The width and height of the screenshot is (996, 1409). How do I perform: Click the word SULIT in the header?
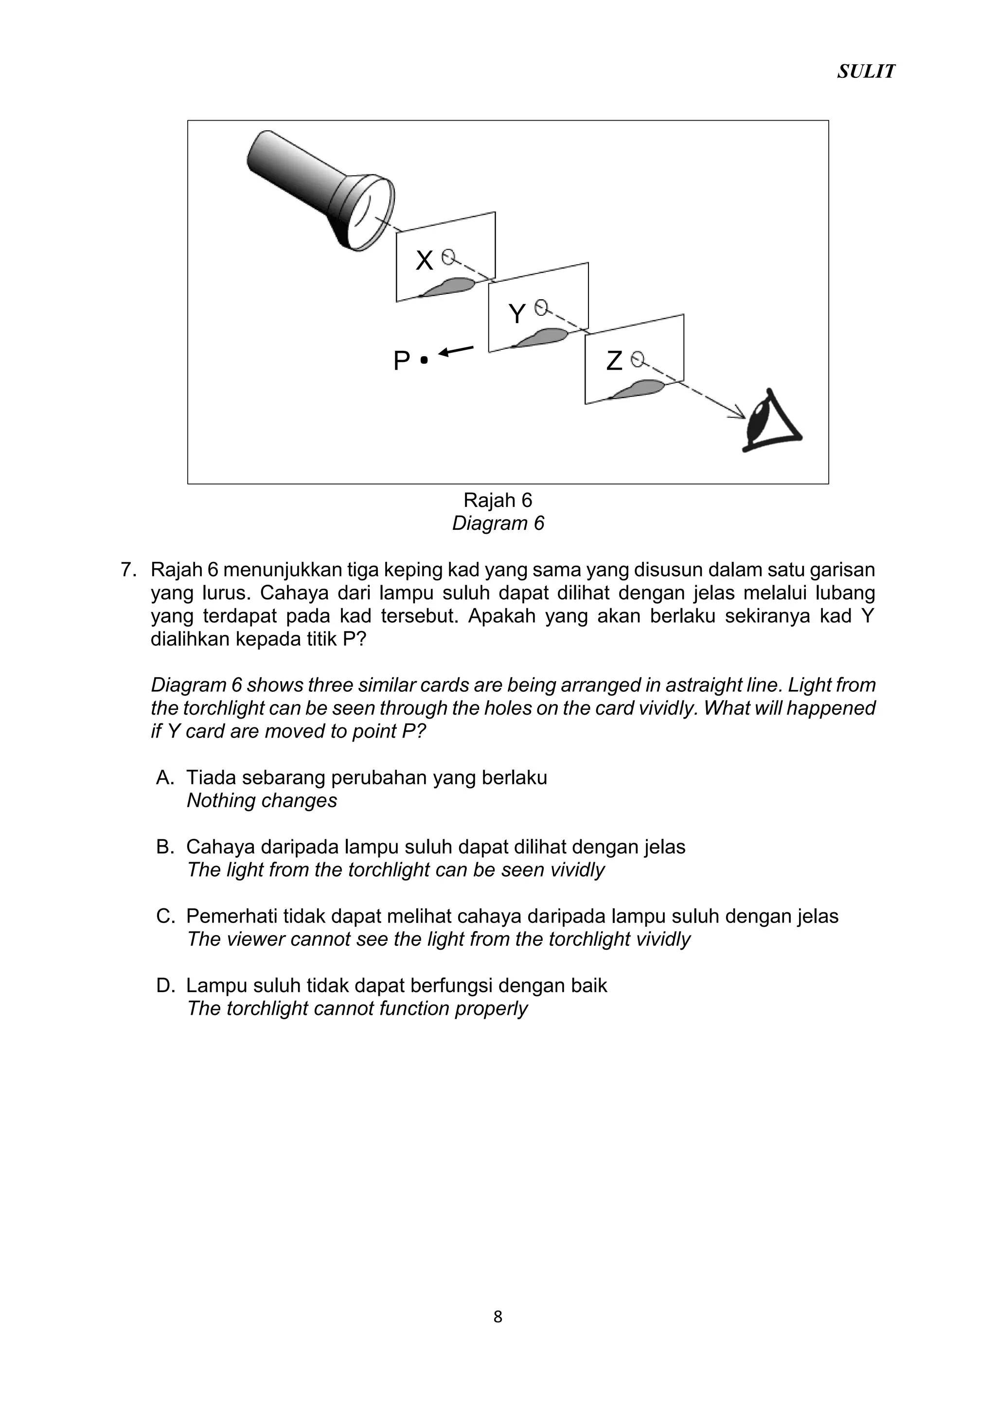point(865,72)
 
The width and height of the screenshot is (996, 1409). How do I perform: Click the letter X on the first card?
point(424,261)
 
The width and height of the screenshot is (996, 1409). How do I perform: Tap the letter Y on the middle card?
point(517,314)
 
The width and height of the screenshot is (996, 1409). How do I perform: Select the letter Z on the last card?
point(614,361)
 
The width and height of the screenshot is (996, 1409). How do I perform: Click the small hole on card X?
point(448,256)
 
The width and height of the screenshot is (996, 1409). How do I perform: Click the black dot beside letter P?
point(424,360)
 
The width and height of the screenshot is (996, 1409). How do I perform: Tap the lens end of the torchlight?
point(371,212)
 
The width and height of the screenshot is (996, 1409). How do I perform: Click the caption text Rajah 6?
point(498,500)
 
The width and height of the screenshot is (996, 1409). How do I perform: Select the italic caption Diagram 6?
point(498,524)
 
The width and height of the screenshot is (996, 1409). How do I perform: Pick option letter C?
point(165,916)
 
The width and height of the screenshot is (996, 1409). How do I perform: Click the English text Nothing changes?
point(262,801)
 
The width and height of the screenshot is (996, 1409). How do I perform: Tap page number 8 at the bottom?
point(498,1317)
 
